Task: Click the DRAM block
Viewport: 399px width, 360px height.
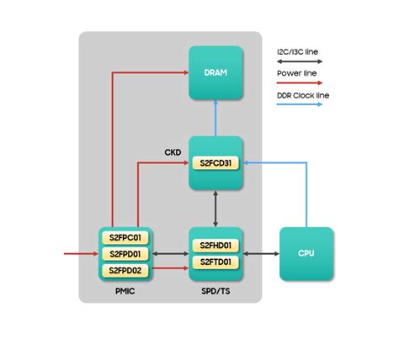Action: tap(215, 73)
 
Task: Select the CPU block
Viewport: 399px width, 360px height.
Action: tap(306, 253)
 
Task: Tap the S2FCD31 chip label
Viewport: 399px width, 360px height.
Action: tap(215, 162)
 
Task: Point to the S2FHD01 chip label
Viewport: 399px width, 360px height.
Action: tap(215, 245)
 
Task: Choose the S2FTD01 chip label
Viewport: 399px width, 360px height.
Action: tap(215, 262)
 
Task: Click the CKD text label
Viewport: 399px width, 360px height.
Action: tap(173, 153)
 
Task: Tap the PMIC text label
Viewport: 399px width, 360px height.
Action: tap(125, 291)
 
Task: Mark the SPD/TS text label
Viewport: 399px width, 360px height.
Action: tap(215, 291)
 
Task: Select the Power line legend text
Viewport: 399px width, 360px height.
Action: tap(295, 73)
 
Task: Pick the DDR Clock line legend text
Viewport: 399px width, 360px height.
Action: tap(303, 96)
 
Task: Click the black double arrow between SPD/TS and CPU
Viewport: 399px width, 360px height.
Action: tap(261, 253)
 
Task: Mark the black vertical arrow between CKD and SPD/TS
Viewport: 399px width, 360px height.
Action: tap(215, 207)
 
